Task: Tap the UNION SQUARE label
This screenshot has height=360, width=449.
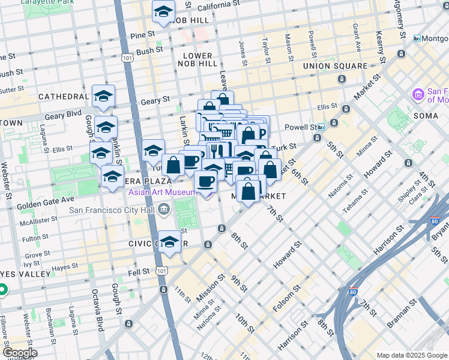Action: (335, 65)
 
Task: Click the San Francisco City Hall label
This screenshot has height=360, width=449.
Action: (113, 210)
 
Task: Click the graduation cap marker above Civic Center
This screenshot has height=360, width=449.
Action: (170, 242)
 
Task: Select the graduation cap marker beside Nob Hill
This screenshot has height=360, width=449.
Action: (163, 11)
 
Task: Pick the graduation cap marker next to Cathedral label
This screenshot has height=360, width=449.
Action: (104, 96)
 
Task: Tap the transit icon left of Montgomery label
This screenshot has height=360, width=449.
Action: (417, 38)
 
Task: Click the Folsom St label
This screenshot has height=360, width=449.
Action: (294, 297)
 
